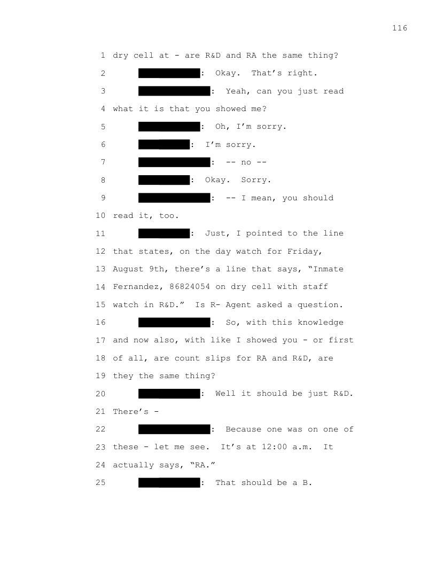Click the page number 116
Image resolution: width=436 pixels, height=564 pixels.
(x=400, y=28)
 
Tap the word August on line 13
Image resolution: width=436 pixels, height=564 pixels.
(x=128, y=269)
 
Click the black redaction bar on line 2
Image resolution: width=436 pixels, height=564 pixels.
(x=169, y=73)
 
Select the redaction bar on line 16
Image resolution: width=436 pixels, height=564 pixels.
(x=175, y=322)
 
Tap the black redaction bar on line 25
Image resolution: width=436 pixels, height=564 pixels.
(x=169, y=482)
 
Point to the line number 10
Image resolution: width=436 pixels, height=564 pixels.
(x=101, y=215)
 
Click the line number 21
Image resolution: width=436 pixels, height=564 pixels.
(x=101, y=411)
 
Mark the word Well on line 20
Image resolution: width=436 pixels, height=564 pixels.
(x=225, y=394)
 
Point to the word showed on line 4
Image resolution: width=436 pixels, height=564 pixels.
(x=231, y=108)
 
